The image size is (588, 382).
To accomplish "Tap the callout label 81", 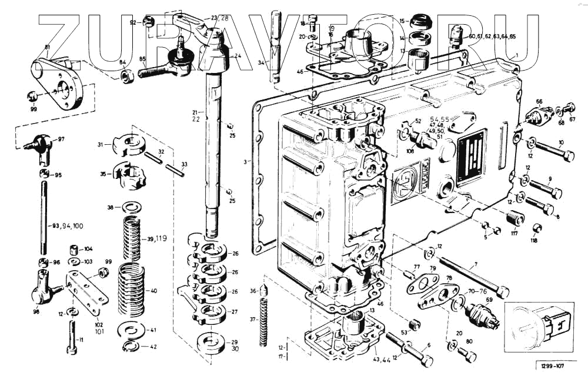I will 48,47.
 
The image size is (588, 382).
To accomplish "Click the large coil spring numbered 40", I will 132,290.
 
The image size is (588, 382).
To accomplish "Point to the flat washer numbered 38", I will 130,207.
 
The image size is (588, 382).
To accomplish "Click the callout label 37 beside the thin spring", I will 253,320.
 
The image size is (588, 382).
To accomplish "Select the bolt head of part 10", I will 569,156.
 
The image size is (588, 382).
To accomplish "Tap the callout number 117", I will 514,234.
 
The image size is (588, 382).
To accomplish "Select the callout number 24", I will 238,57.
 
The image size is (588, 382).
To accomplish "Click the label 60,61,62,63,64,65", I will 492,36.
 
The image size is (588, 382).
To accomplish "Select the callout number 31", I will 101,144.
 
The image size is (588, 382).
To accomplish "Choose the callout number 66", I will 539,101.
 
